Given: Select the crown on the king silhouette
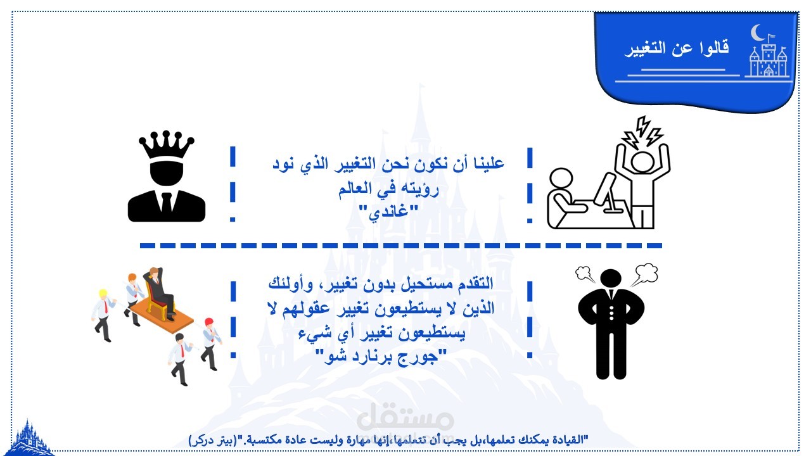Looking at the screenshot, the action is tap(166, 144).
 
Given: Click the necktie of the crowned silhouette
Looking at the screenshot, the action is tap(167, 202).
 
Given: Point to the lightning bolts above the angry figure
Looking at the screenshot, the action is tap(642, 132).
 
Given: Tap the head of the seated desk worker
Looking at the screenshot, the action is tap(561, 179).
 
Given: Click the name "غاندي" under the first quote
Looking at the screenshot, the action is tap(388, 211).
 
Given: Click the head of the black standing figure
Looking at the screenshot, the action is tap(611, 279).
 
